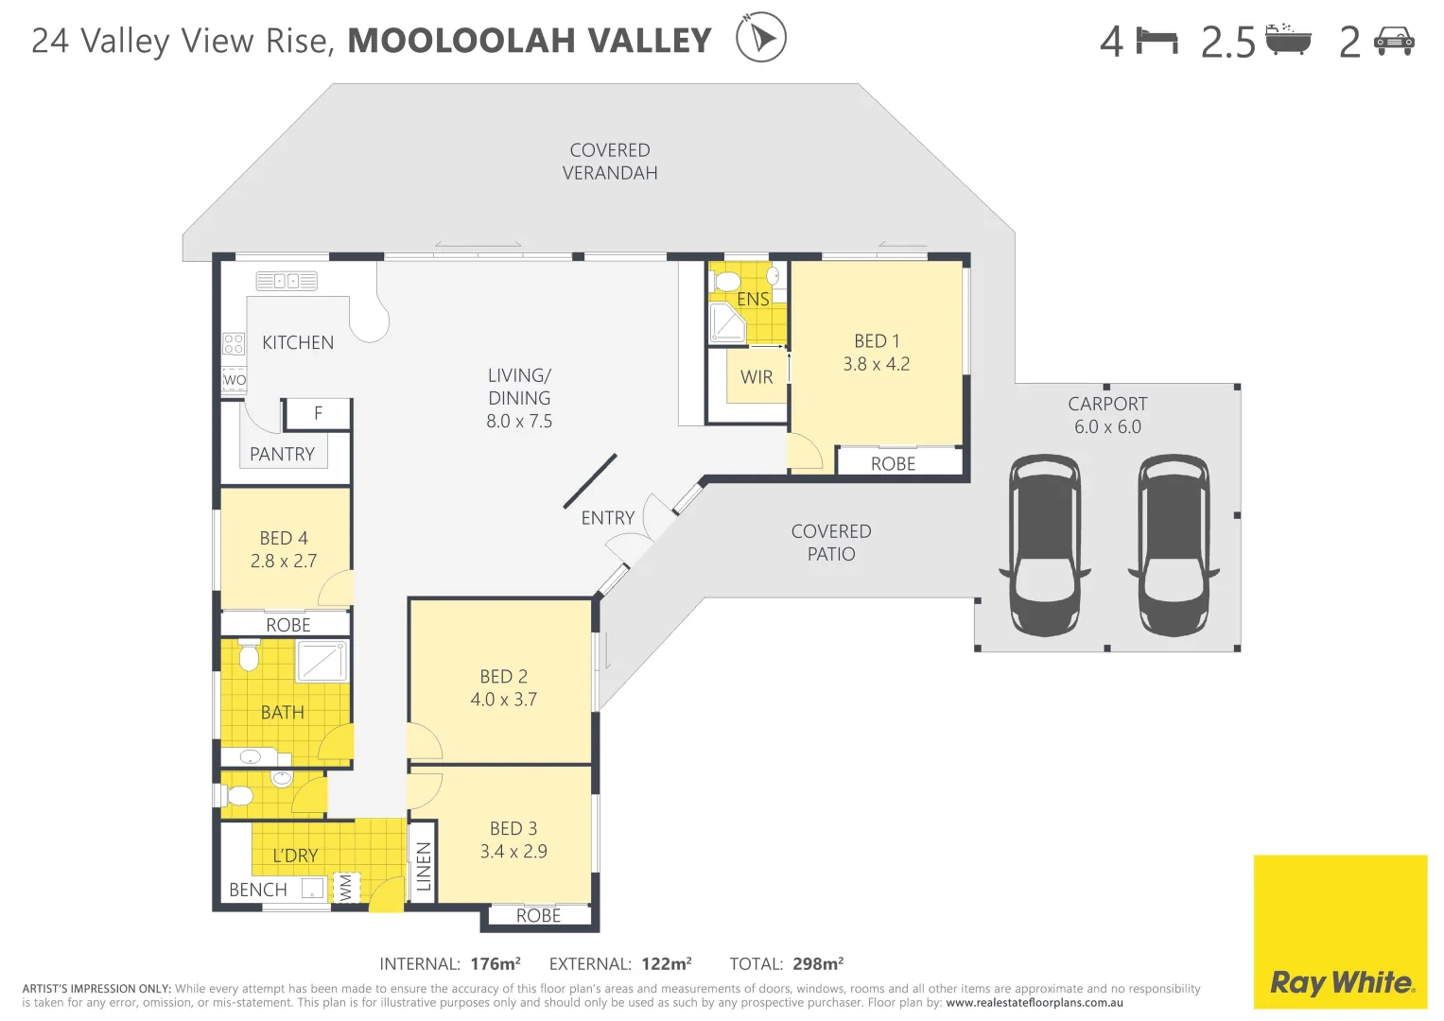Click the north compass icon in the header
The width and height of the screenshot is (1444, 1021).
point(760,38)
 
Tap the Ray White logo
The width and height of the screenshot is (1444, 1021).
point(1340,982)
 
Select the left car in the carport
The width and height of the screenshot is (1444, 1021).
point(1045,545)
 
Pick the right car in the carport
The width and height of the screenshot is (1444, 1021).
point(1174,545)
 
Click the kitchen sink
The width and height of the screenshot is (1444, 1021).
point(287,281)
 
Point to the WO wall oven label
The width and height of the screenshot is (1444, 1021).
point(234,380)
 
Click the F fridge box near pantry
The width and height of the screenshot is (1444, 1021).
point(318,413)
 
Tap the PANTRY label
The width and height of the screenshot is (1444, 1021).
point(282,455)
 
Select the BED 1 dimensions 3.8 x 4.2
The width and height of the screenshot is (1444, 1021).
point(877,364)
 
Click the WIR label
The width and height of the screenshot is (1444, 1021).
point(757,377)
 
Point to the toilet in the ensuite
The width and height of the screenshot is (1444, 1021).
point(728,281)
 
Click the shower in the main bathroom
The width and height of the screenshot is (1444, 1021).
point(322,660)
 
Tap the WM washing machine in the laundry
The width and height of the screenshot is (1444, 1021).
point(345,887)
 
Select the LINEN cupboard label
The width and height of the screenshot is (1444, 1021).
point(424,866)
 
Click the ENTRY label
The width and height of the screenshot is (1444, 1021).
point(607,518)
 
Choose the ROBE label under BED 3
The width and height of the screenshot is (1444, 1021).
point(538,915)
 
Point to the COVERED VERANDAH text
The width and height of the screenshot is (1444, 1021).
point(610,162)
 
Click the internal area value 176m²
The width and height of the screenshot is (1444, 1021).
point(496,963)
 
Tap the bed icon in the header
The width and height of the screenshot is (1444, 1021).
point(1157,41)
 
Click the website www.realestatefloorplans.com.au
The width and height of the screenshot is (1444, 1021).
point(1034,1003)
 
